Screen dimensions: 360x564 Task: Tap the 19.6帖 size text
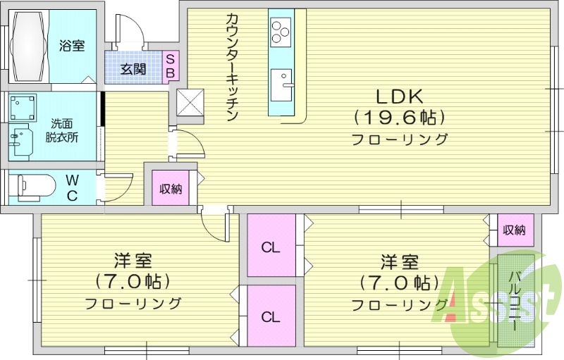pos(400,116)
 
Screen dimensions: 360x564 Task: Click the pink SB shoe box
pos(171,66)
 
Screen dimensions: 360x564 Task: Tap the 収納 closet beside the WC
pos(171,187)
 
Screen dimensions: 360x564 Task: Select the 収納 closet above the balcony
pos(514,230)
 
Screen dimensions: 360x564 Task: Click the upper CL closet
pos(271,247)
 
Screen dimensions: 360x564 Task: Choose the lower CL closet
pos(271,316)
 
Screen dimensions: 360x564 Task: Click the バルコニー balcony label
pos(515,299)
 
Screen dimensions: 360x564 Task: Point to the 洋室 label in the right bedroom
pos(399,262)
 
